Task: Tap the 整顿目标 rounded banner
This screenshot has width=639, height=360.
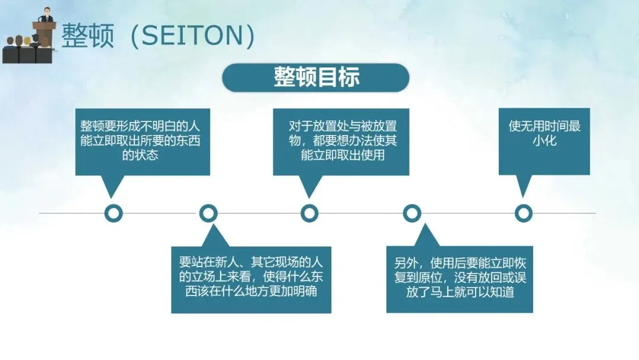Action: pyautogui.click(x=316, y=78)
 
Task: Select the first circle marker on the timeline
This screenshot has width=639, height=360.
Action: pyautogui.click(x=113, y=213)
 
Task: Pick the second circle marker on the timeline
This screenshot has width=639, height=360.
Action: pyautogui.click(x=208, y=213)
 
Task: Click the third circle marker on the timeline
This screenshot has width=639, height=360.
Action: pyautogui.click(x=309, y=213)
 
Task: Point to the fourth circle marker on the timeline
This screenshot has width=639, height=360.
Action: pyautogui.click(x=412, y=213)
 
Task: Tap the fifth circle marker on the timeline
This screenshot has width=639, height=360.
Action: pyautogui.click(x=523, y=213)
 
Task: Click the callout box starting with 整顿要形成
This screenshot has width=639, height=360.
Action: pyautogui.click(x=143, y=142)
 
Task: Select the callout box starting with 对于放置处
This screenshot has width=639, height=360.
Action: pyautogui.click(x=341, y=142)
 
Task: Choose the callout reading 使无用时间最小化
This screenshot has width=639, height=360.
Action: pyautogui.click(x=544, y=142)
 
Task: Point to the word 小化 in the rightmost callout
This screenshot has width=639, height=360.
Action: pyautogui.click(x=544, y=141)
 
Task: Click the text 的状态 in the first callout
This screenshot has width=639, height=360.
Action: pyautogui.click(x=140, y=156)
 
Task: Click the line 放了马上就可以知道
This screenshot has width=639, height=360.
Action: pyautogui.click(x=459, y=293)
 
